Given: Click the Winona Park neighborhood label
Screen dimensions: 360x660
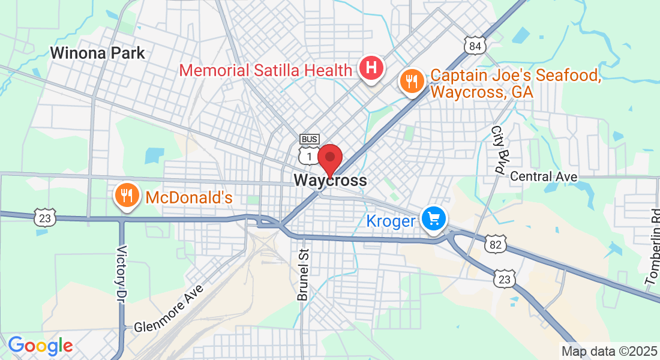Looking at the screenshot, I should (x=97, y=53).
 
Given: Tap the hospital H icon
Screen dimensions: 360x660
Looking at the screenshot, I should (x=371, y=67).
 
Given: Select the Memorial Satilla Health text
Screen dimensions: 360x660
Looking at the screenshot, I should (x=266, y=70).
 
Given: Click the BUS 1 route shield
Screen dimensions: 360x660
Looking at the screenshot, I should (x=309, y=151).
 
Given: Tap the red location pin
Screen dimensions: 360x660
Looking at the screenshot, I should (x=329, y=159).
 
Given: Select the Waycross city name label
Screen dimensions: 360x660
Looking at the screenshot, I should (x=330, y=180).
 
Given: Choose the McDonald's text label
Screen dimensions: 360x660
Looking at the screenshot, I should (x=188, y=197).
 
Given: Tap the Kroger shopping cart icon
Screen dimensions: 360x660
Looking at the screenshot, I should (x=433, y=218).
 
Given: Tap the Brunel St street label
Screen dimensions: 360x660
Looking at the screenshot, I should (x=302, y=274).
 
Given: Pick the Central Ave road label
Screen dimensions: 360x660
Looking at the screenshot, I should (x=544, y=176).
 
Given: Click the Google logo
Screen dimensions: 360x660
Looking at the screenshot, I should (x=40, y=346).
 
